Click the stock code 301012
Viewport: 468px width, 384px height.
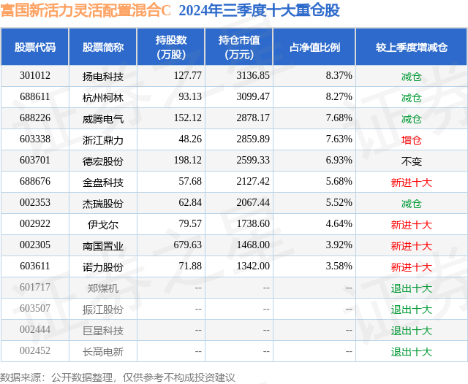[35, 76]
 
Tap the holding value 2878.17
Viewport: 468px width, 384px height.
[254, 118]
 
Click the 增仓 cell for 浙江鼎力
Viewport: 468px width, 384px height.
[412, 139]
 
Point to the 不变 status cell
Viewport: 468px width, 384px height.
[412, 161]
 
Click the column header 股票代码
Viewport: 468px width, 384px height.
[35, 47]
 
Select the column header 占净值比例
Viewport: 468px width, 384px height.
[314, 47]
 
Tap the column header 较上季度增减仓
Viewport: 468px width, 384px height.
[412, 47]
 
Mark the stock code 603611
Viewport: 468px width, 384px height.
[35, 266]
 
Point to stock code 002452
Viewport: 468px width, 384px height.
[35, 351]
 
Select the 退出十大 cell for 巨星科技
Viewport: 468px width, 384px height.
[412, 330]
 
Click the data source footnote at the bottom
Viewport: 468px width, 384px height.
[118, 377]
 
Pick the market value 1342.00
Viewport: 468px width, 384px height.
[254, 266]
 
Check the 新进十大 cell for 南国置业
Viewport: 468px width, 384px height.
[412, 245]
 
